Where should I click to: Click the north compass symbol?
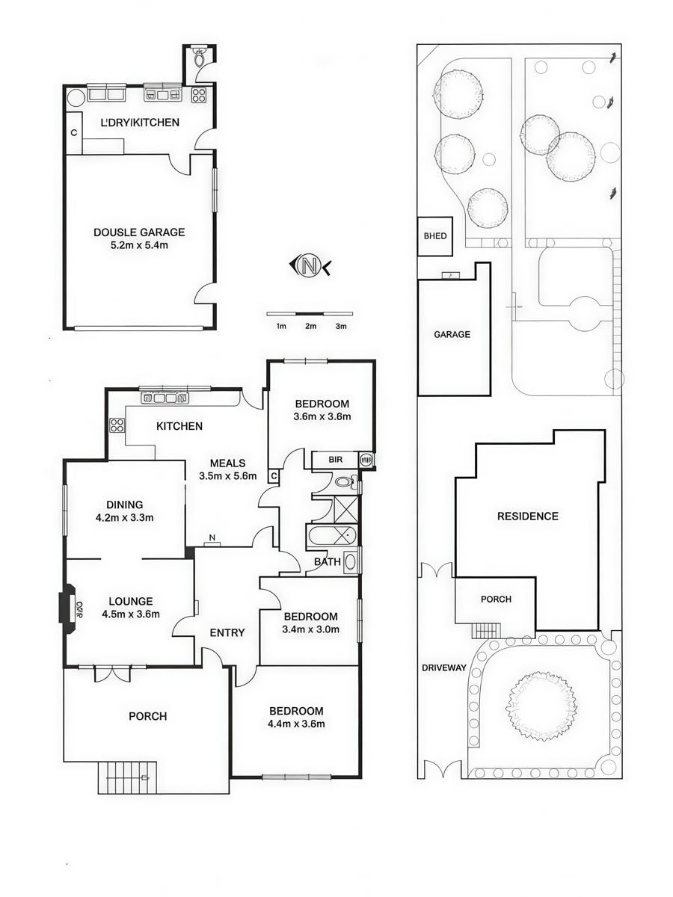tap(310, 266)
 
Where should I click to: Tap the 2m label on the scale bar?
tap(310, 326)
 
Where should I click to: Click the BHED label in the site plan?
tap(435, 235)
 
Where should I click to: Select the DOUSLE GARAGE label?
tap(139, 232)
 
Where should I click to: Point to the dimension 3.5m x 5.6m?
tap(228, 475)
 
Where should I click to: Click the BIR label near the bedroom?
tap(336, 459)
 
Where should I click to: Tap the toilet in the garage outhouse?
tap(199, 58)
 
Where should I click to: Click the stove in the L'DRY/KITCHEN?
tap(199, 95)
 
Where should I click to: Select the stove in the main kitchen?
tap(117, 425)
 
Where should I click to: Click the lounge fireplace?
tap(67, 605)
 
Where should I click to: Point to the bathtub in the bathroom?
tap(331, 536)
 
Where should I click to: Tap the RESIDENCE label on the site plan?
tap(527, 516)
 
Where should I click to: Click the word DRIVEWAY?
tap(443, 668)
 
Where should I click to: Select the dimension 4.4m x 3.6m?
tap(296, 724)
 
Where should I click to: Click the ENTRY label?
tap(227, 632)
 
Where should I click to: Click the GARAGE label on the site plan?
tap(452, 334)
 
